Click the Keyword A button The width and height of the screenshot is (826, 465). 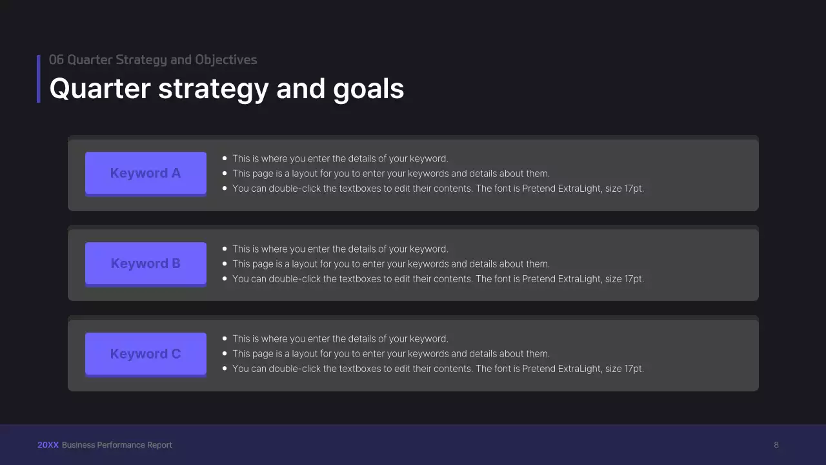(x=145, y=173)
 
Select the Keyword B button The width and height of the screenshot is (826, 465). (x=145, y=263)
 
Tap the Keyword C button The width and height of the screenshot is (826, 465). (x=145, y=354)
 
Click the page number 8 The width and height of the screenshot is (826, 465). (x=776, y=445)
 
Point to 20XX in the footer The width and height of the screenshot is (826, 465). (x=48, y=445)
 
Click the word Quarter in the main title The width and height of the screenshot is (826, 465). (x=100, y=89)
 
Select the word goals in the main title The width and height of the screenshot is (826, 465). (x=368, y=89)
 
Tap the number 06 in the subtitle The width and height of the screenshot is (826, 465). (x=56, y=59)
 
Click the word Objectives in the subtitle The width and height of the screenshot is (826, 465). (x=226, y=59)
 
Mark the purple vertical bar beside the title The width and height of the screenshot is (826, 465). (x=39, y=79)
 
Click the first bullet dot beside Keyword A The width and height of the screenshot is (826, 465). (x=225, y=158)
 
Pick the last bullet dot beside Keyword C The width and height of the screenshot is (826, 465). (x=225, y=369)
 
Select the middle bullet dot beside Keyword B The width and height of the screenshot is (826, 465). (x=225, y=264)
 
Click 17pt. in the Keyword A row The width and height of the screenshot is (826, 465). (x=634, y=189)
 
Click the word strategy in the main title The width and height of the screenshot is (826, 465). (x=213, y=89)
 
